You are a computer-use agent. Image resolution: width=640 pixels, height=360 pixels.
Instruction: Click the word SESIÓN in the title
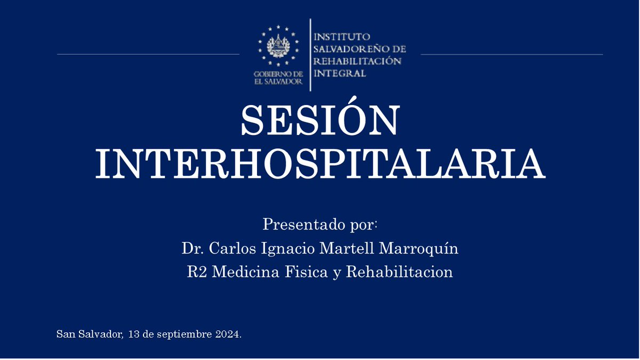[320, 120]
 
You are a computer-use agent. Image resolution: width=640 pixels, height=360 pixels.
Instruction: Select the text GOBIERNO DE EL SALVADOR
[278, 78]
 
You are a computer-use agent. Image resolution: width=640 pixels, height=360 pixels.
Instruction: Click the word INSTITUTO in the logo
[342, 37]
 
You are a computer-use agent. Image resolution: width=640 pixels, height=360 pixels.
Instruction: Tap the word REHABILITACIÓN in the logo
[357, 61]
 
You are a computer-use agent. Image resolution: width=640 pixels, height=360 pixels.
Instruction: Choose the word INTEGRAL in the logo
[340, 74]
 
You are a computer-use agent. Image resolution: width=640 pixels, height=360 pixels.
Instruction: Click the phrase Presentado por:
[320, 225]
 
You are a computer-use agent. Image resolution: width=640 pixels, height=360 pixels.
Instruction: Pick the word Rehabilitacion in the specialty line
[399, 272]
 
